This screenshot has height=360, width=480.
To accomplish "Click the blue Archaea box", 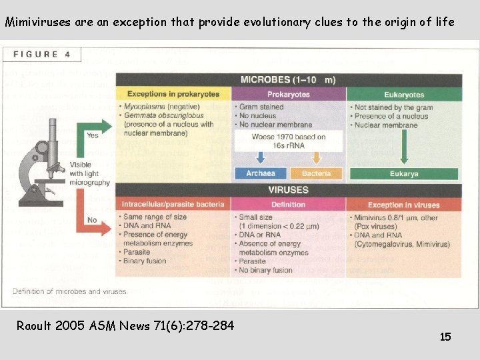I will coord(260,173).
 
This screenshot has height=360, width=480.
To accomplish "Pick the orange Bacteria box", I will coord(316,173).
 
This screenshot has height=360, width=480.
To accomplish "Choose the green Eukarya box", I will coord(404,173).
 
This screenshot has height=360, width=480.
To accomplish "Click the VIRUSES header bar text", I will coord(288,189).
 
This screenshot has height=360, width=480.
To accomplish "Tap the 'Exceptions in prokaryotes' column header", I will coord(173,94).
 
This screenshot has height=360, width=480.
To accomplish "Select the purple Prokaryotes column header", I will coord(288,94).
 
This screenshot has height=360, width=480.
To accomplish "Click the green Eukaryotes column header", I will coord(404,94).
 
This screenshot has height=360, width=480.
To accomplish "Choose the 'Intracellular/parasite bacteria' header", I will coord(173,205).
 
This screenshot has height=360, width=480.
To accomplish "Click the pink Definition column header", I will coord(288,205).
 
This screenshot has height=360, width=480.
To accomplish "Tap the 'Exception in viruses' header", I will coord(404,205).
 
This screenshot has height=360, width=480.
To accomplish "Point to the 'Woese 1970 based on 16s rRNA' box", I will coord(289,141).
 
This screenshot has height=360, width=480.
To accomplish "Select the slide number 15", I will coord(445,337).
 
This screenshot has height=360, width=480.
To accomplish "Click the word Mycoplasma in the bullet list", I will coord(147,107).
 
